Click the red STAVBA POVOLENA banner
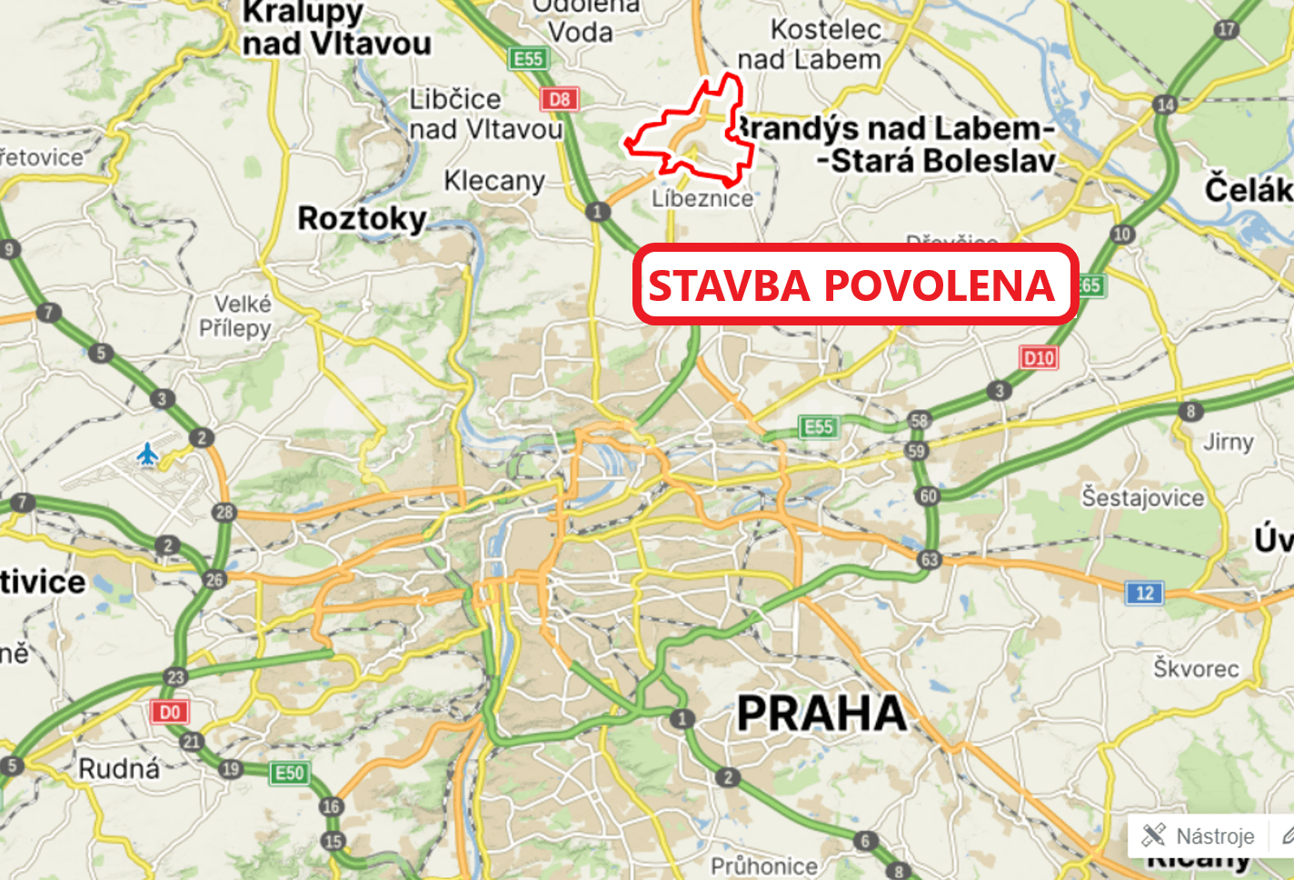[x=854, y=285]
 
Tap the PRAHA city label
[x=821, y=714]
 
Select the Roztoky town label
[x=362, y=218]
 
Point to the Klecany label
[x=494, y=181]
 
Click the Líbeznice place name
[x=702, y=198]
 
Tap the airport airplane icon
[x=147, y=454]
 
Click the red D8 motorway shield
[x=560, y=99]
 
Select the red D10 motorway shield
[x=1039, y=357]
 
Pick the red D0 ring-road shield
[x=170, y=712]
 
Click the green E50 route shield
[x=290, y=773]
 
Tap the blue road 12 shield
[x=1145, y=594]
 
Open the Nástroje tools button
[x=1199, y=835]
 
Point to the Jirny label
[x=1228, y=442]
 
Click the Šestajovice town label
[x=1142, y=497]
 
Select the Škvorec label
[x=1196, y=668]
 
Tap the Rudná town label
[x=119, y=769]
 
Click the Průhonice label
[x=763, y=866]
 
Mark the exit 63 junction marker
[x=929, y=559]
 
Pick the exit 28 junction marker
[x=224, y=512]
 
